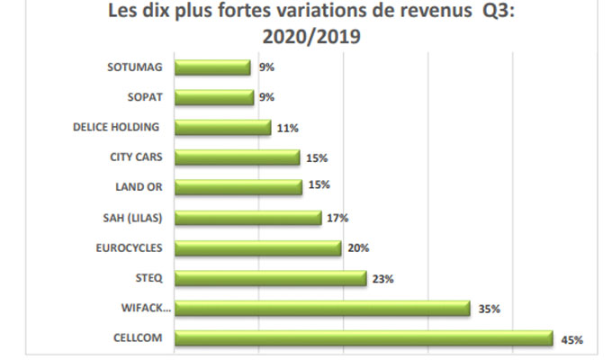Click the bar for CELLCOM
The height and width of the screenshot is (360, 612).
(x=363, y=338)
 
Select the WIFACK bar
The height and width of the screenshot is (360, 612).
(x=322, y=309)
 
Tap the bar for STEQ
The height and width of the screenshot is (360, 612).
(x=270, y=278)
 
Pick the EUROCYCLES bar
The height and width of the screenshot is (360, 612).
(x=257, y=247)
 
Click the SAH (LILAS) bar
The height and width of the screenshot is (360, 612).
(x=247, y=218)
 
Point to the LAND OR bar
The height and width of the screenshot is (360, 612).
(x=238, y=187)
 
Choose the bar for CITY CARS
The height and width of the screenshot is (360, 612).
(x=237, y=157)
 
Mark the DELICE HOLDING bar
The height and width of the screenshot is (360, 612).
(x=222, y=127)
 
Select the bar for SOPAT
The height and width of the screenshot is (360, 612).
(x=213, y=97)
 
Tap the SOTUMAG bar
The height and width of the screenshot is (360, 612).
(x=212, y=67)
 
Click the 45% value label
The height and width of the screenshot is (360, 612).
(x=572, y=340)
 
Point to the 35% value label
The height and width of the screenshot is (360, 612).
(x=490, y=310)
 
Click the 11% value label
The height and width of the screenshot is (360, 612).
(x=288, y=128)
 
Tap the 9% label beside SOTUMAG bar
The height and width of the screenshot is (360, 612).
(x=266, y=67)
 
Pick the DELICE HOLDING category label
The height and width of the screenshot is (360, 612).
(x=116, y=127)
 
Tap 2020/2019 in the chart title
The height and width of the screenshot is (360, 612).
(x=304, y=38)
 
